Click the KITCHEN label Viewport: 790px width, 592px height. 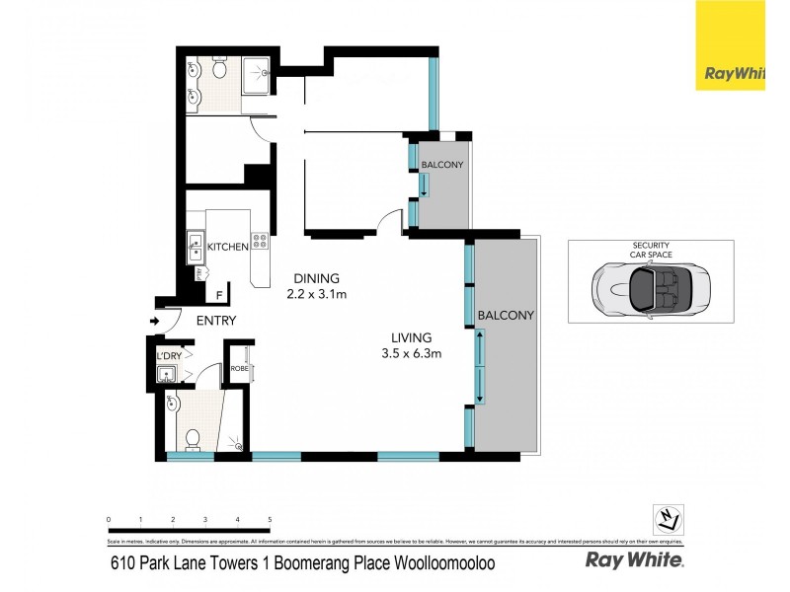click(227, 247)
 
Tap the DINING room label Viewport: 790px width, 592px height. click(315, 277)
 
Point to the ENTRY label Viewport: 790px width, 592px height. click(215, 321)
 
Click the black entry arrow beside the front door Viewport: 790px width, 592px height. click(154, 321)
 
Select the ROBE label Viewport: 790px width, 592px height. click(238, 369)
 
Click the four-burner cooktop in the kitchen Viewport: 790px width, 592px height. click(260, 240)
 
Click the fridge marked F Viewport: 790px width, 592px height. click(218, 293)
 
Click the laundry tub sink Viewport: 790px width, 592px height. click(168, 373)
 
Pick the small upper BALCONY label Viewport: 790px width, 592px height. click(441, 163)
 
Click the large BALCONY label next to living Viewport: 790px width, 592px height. click(505, 316)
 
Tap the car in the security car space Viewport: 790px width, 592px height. click(651, 288)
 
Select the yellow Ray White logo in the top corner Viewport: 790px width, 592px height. click(730, 45)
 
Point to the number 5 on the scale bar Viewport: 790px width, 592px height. click(270, 519)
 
